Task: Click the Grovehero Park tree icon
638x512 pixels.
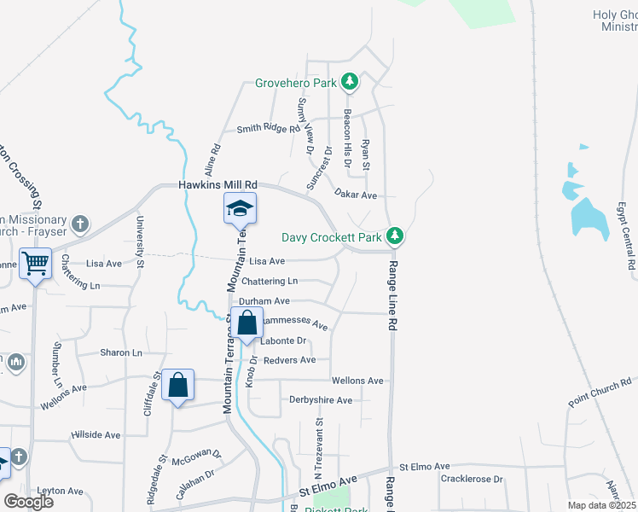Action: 349,83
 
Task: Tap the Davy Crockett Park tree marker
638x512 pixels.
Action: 394,235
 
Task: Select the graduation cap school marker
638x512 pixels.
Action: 241,208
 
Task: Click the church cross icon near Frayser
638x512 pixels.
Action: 80,224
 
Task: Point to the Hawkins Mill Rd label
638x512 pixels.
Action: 217,184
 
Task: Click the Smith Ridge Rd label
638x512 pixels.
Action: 269,129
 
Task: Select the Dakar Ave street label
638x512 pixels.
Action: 356,195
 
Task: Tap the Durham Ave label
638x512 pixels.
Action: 264,301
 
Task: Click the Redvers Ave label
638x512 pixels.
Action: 289,360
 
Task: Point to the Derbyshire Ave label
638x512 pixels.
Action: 321,400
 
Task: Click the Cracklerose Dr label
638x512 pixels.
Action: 472,480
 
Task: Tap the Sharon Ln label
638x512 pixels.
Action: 120,352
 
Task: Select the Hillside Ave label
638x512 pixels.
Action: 96,435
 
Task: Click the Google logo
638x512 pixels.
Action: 29,501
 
